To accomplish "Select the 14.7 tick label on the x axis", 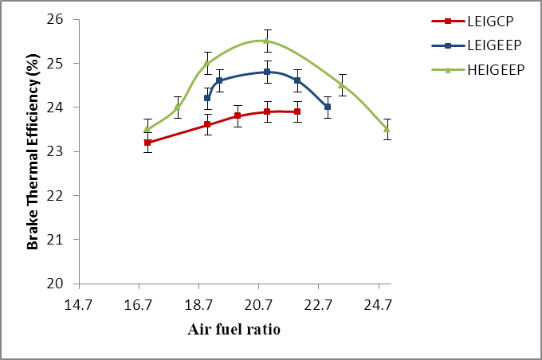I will click(x=79, y=304).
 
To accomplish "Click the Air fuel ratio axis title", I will click(x=234, y=328).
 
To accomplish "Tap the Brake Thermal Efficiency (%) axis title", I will click(x=33, y=151).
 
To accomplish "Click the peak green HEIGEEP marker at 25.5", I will click(x=267, y=41).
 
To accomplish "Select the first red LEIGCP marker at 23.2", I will click(x=147, y=143).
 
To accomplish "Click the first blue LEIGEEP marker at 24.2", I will click(x=207, y=98).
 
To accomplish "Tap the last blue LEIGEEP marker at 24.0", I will click(x=328, y=107).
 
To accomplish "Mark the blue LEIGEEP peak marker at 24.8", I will click(x=267, y=72).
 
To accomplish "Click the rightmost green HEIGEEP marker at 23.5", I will click(x=387, y=129).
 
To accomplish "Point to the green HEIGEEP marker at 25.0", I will click(x=207, y=63).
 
